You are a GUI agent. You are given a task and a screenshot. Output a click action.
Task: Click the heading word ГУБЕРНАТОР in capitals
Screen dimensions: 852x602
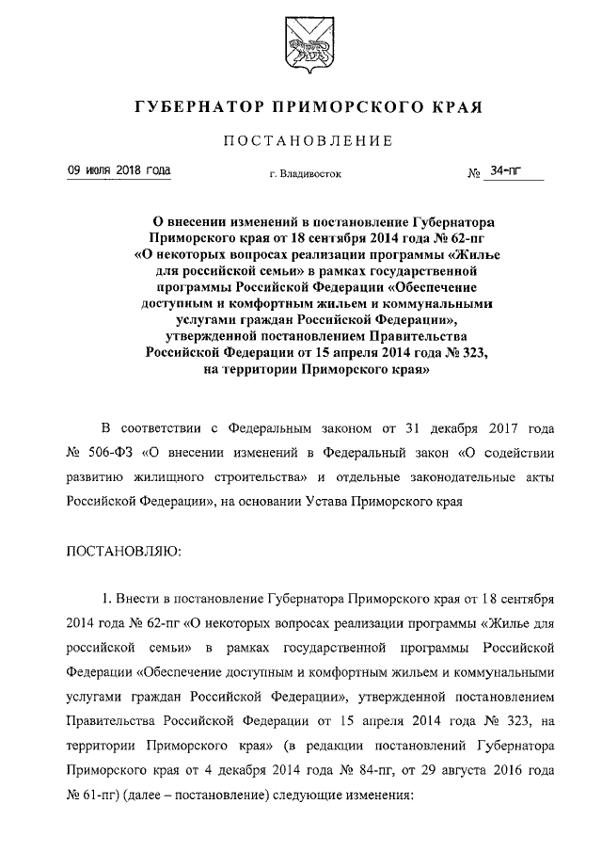[x=192, y=108]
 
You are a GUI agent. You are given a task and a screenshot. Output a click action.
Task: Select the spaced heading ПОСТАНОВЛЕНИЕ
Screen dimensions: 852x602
[x=300, y=142]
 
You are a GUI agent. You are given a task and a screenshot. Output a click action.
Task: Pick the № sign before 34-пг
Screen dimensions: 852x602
[x=475, y=174]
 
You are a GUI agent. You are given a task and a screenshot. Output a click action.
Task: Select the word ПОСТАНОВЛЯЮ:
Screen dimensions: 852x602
[x=123, y=548]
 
